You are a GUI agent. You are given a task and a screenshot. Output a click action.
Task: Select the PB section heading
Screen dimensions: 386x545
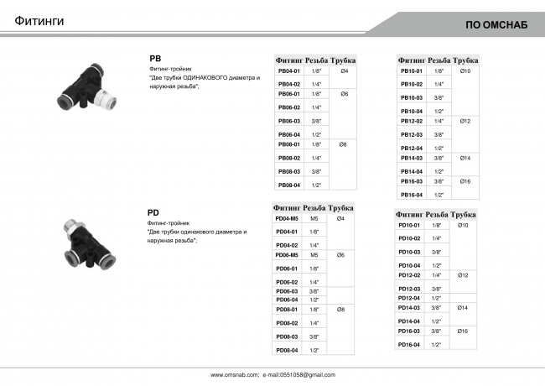pyautogui.click(x=155, y=58)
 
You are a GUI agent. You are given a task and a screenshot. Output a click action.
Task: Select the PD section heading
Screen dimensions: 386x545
pyautogui.click(x=153, y=213)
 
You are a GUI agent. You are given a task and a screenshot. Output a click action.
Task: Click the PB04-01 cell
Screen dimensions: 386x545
pyautogui.click(x=288, y=71)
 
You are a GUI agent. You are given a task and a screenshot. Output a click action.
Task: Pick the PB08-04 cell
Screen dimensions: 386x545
pyautogui.click(x=288, y=185)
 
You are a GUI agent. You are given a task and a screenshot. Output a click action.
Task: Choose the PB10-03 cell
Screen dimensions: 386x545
pyautogui.click(x=411, y=97)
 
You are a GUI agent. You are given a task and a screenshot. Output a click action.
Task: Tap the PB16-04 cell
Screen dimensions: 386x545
pyautogui.click(x=411, y=195)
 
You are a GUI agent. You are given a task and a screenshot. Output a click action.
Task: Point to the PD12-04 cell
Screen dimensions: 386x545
pyautogui.click(x=408, y=298)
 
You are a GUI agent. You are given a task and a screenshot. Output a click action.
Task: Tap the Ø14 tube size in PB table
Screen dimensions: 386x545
pyautogui.click(x=465, y=158)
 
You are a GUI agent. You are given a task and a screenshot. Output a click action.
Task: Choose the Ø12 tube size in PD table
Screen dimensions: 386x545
pyautogui.click(x=464, y=275)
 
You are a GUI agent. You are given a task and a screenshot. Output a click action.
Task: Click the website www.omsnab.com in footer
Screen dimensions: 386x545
pyautogui.click(x=234, y=374)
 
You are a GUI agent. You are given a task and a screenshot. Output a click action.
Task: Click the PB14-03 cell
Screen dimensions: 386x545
pyautogui.click(x=411, y=158)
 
